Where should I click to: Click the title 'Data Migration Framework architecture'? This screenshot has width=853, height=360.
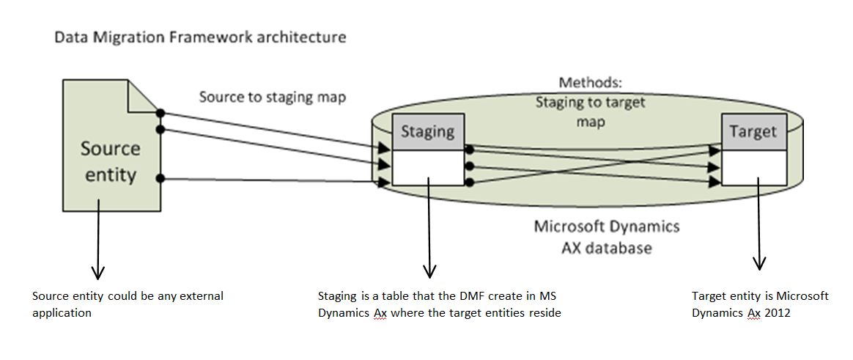200,37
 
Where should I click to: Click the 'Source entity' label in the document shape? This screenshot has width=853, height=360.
110,162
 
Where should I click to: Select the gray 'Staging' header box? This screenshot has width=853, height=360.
428,131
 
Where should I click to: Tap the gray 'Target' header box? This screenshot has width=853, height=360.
753,131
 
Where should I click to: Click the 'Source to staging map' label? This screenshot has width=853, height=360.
273,97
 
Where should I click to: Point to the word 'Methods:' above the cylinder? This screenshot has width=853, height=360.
590,83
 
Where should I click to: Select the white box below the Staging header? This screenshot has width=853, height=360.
428,167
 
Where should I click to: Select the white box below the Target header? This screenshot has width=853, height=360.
753,167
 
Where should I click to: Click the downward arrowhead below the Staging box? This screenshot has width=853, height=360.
429,271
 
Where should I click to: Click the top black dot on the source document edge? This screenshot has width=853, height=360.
160,113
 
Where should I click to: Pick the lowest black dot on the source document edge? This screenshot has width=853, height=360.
160,178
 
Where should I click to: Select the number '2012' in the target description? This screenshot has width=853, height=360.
774,313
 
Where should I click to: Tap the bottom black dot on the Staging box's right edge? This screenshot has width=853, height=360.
469,182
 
